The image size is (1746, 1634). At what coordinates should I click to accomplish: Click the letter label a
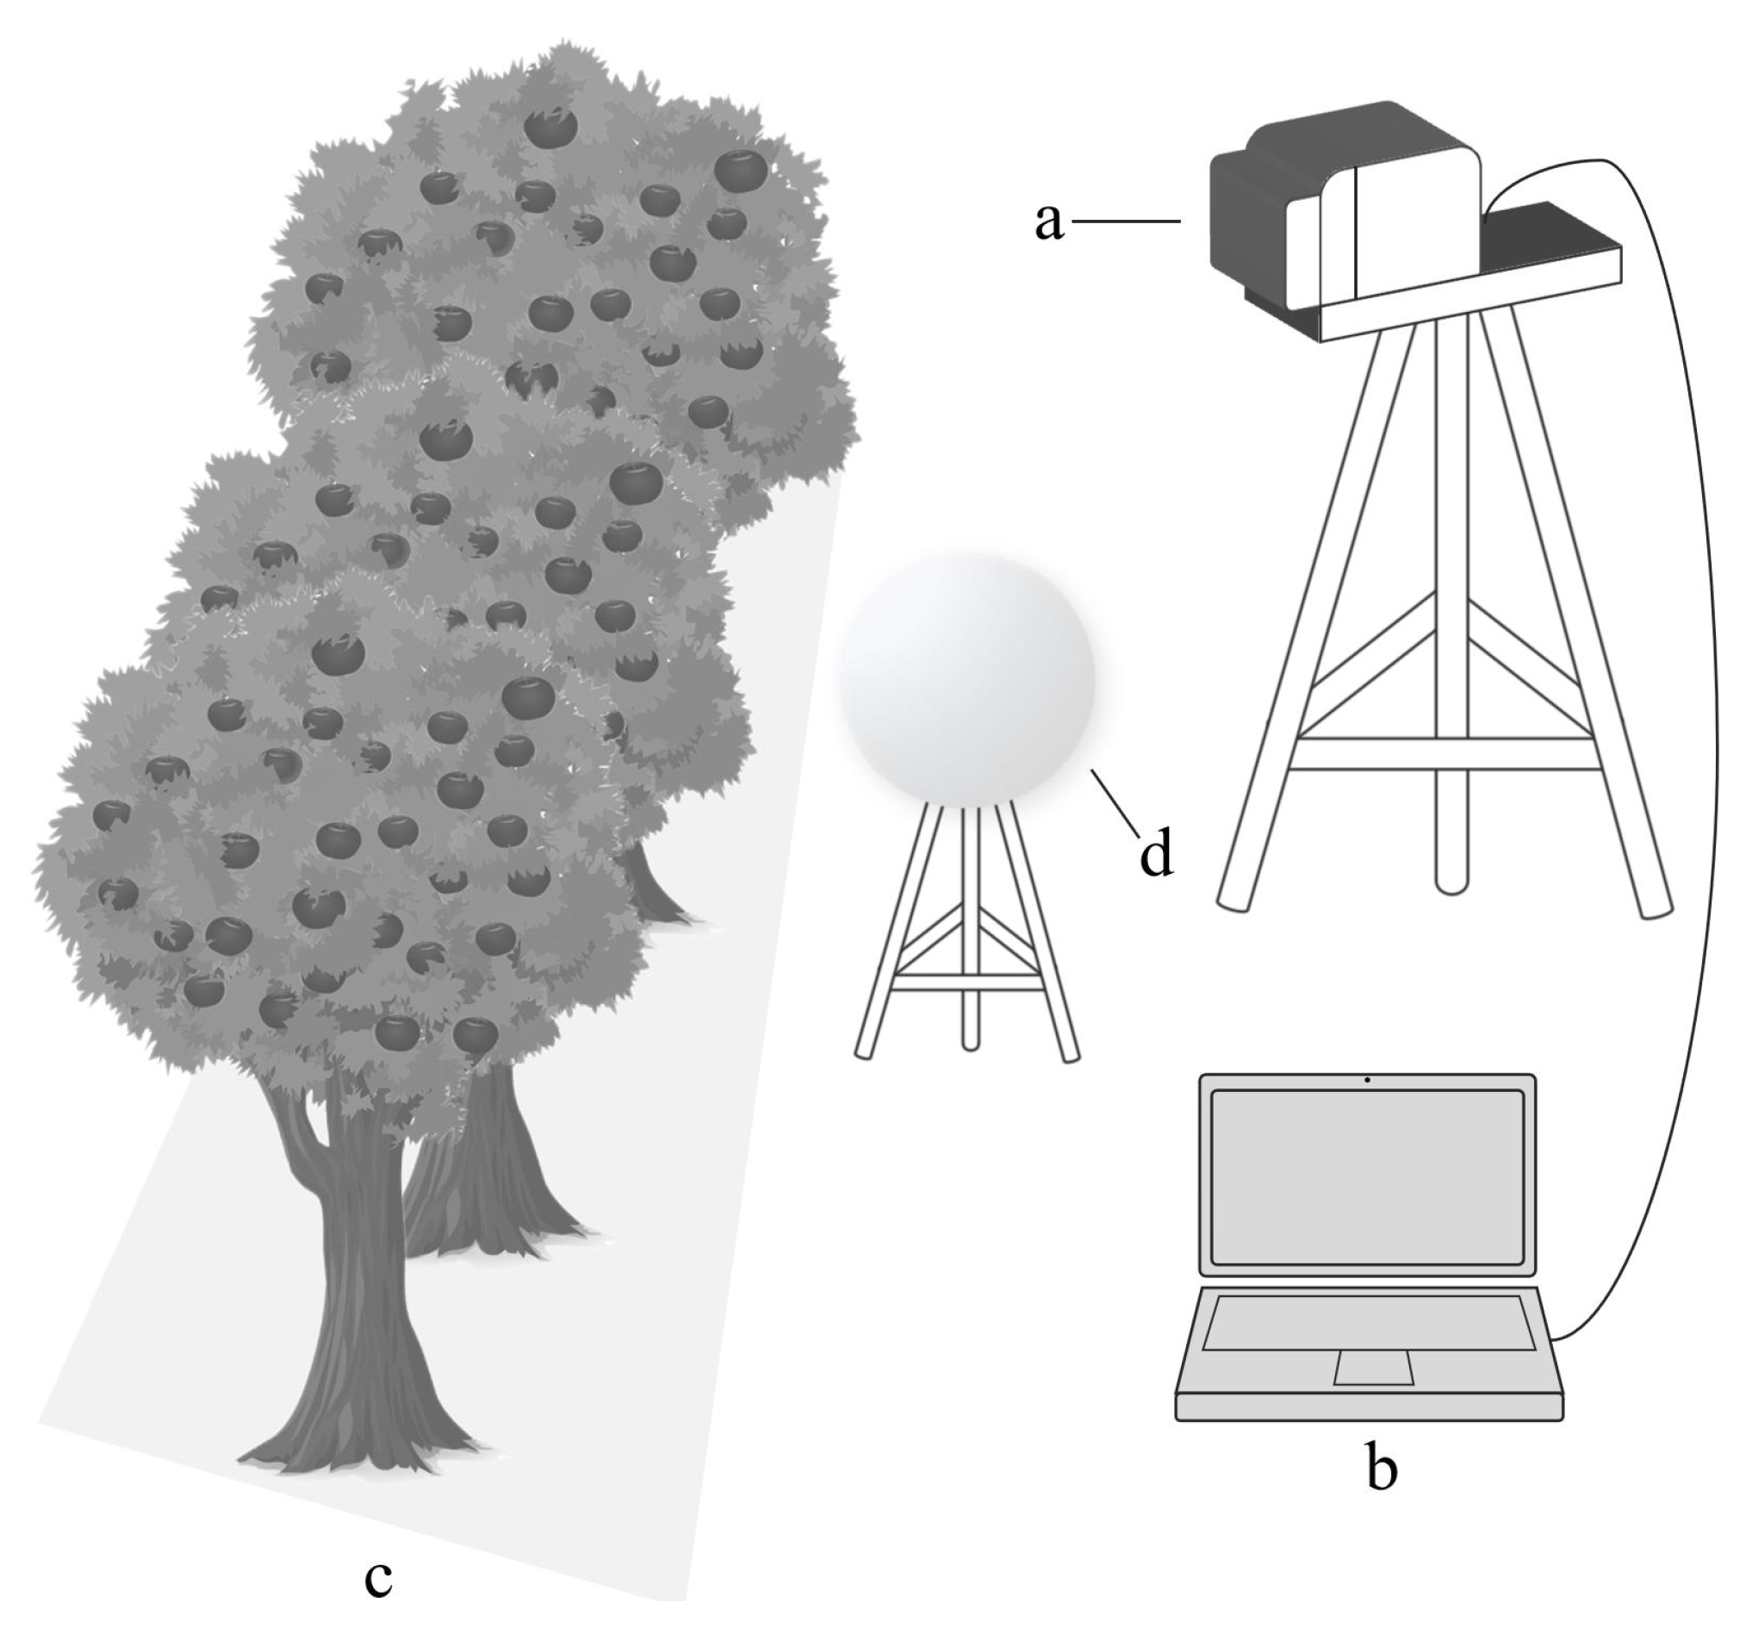pyautogui.click(x=1048, y=221)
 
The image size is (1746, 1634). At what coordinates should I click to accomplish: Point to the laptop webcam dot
pyautogui.click(x=1368, y=1080)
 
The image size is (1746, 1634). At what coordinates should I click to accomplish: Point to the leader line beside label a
pyautogui.click(x=1126, y=221)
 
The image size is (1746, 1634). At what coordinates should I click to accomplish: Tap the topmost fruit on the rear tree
pyautogui.click(x=550, y=128)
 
